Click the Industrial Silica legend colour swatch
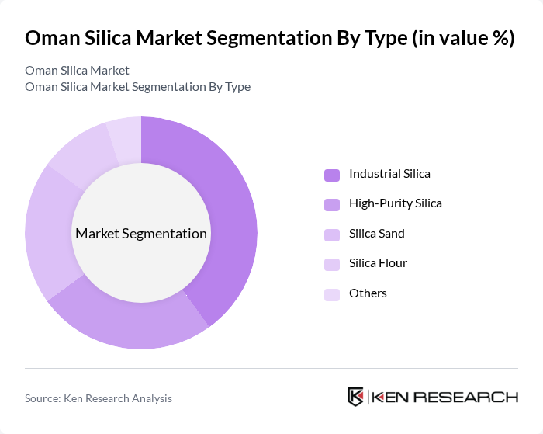(332, 175)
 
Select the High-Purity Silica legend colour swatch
(332, 204)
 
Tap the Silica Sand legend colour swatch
(332, 234)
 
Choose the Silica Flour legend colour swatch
(332, 264)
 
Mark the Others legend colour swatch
(332, 294)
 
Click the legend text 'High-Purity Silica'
(395, 203)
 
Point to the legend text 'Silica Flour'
(378, 263)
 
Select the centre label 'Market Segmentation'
(141, 234)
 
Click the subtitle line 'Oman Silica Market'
(77, 71)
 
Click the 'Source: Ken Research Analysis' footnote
(99, 398)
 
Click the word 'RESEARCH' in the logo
(470, 397)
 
